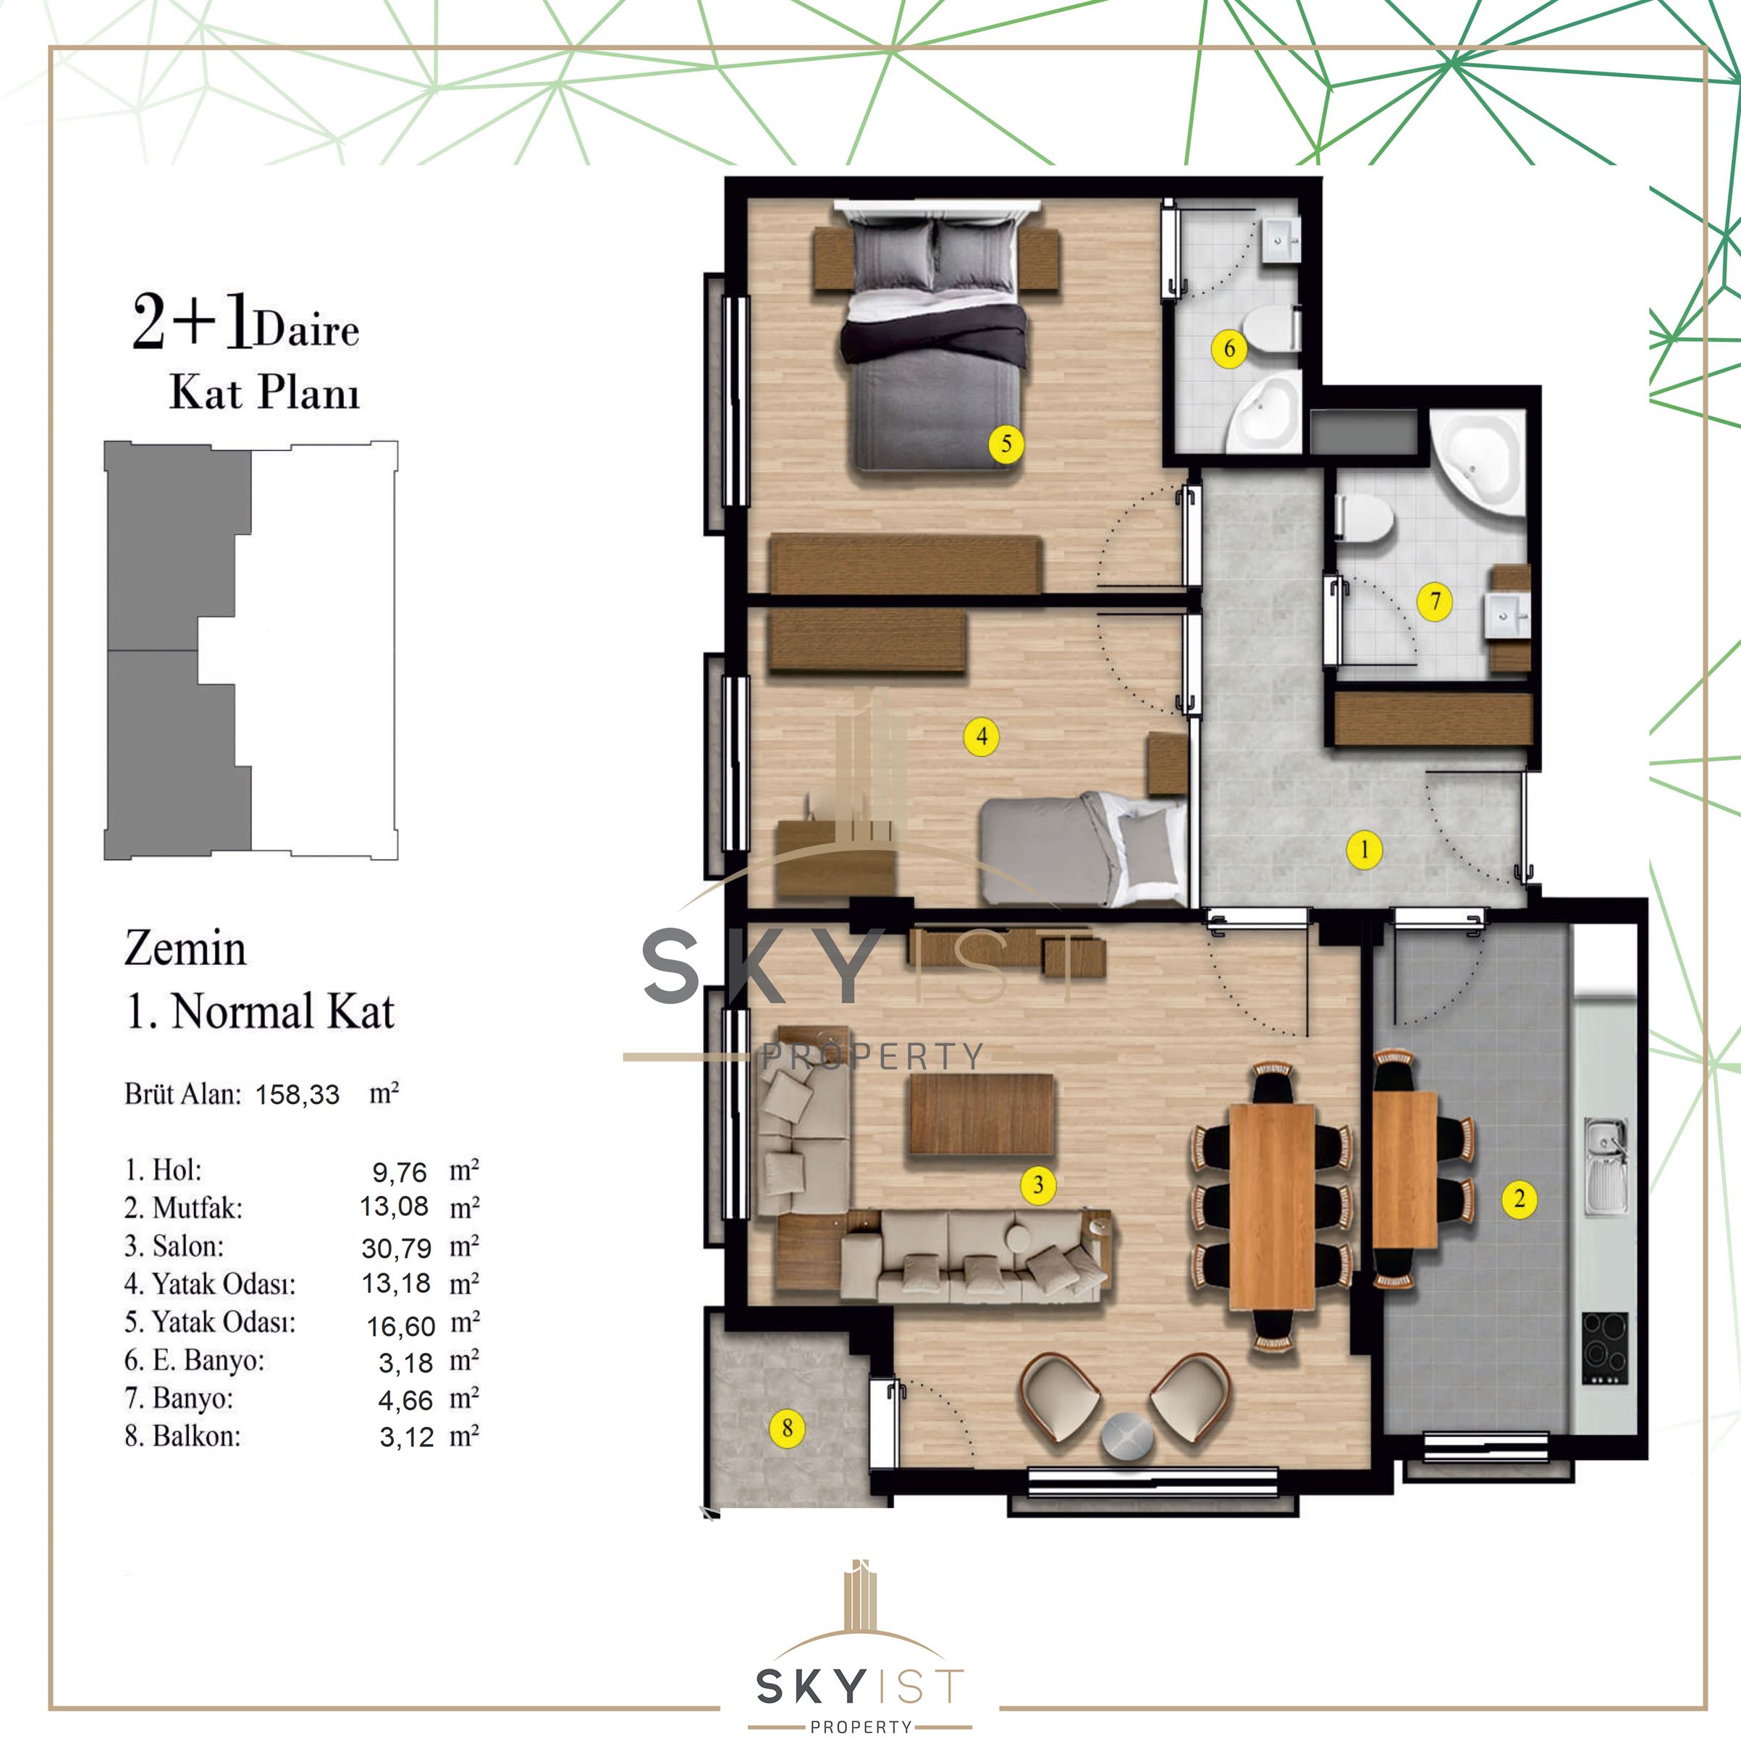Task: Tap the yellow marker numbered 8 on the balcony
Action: (x=788, y=1428)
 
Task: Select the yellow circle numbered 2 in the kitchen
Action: (x=1519, y=1199)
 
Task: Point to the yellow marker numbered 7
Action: (x=1435, y=601)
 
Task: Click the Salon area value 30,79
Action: (x=397, y=1247)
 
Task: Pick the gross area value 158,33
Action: (x=298, y=1094)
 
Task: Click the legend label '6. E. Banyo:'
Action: (x=195, y=1360)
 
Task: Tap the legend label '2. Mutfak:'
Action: (x=184, y=1207)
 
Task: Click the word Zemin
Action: (x=185, y=949)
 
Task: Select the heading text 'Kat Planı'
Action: (x=265, y=393)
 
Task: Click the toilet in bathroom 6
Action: (x=1270, y=326)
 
